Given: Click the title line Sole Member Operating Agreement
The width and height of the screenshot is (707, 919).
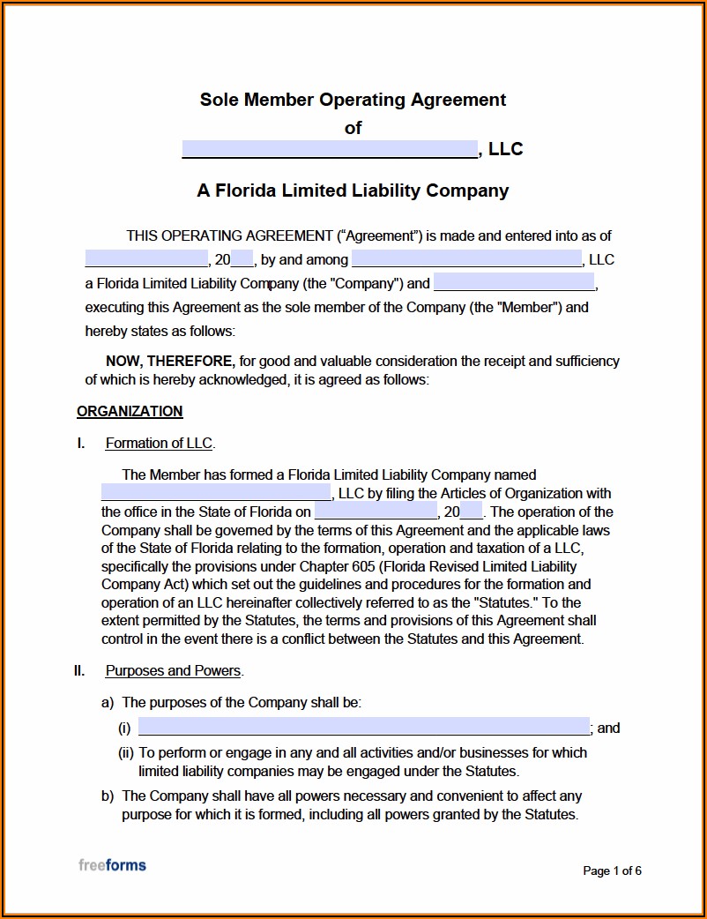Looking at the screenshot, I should [x=353, y=100].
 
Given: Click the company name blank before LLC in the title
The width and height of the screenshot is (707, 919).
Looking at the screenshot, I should [x=330, y=149].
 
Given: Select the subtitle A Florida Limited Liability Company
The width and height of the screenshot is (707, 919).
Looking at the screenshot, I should [x=353, y=191].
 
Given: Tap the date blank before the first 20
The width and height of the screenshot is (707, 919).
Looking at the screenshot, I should [x=146, y=259].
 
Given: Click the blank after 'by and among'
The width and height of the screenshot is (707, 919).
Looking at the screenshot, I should [x=466, y=259].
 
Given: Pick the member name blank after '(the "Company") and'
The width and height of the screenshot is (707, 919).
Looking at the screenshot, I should [x=515, y=283].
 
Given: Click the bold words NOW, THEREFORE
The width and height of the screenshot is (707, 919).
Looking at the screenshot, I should [x=170, y=361].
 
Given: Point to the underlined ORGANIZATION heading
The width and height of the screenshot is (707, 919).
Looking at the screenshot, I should [x=130, y=411].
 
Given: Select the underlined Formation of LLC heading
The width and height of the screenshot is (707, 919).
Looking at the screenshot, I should [x=159, y=444].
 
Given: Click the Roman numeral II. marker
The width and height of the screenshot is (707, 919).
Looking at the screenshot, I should [x=79, y=671].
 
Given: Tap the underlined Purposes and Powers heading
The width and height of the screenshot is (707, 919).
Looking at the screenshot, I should [x=173, y=671].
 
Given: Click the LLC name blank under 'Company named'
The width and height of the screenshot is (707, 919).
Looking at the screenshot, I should [x=216, y=493].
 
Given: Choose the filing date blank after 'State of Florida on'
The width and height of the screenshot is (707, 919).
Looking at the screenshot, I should [x=376, y=512].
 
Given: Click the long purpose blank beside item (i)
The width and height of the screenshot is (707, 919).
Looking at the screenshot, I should [x=364, y=728].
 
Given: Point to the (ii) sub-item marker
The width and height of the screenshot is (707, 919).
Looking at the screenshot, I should [x=126, y=753].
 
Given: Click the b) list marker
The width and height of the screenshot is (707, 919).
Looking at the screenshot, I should [x=108, y=796].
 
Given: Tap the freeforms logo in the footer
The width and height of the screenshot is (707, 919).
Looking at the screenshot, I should [x=112, y=865].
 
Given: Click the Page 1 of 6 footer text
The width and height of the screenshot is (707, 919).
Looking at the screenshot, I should [x=612, y=871].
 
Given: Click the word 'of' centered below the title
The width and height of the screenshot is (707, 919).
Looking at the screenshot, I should [x=353, y=128].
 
